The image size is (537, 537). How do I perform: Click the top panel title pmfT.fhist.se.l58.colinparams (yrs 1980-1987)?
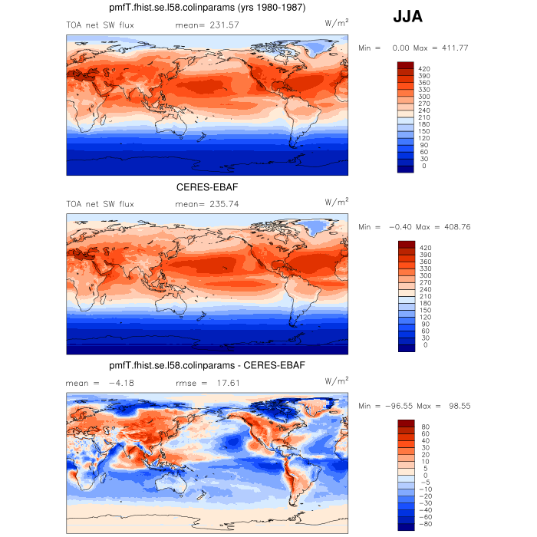point(208,8)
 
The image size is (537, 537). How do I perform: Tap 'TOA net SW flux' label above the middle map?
point(100,204)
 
